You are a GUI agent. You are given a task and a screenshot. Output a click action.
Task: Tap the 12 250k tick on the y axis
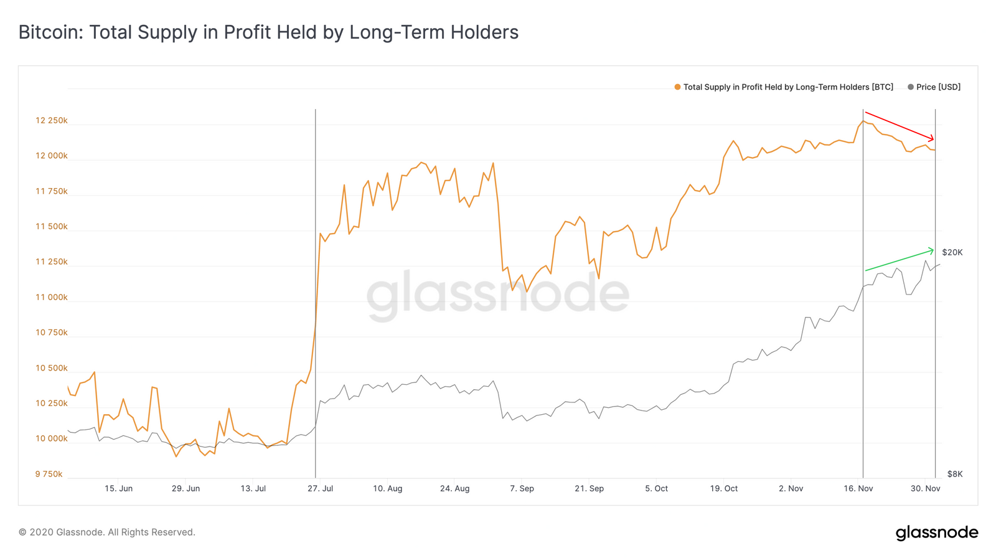(x=52, y=120)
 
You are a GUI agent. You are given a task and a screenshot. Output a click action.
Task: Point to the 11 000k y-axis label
(x=52, y=297)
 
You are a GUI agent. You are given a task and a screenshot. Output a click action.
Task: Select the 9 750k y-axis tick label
(x=49, y=474)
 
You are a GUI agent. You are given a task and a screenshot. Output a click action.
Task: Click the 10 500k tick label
(x=52, y=368)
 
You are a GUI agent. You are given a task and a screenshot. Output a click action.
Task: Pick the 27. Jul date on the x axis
(x=320, y=488)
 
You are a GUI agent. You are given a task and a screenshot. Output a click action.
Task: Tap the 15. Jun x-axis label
(x=118, y=488)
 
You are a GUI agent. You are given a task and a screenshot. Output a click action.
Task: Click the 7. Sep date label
(x=522, y=488)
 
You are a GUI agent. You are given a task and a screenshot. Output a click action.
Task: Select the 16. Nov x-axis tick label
(x=858, y=488)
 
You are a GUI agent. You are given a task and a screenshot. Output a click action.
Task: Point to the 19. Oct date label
(x=723, y=488)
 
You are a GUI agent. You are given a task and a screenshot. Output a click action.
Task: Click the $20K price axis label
(x=952, y=252)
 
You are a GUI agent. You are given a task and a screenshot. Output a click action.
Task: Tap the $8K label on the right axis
(x=954, y=474)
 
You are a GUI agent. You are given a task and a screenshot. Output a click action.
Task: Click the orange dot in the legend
(x=677, y=87)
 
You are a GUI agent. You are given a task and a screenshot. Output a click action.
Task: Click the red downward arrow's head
(x=933, y=139)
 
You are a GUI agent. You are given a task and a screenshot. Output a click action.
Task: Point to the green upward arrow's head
(x=932, y=250)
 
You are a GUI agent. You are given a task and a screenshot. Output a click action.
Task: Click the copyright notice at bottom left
(x=106, y=532)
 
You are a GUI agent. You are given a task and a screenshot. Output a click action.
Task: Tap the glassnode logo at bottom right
(x=936, y=532)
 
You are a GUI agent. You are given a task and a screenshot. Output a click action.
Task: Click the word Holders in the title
(x=486, y=32)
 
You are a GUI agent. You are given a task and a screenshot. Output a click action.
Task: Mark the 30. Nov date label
(x=925, y=488)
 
